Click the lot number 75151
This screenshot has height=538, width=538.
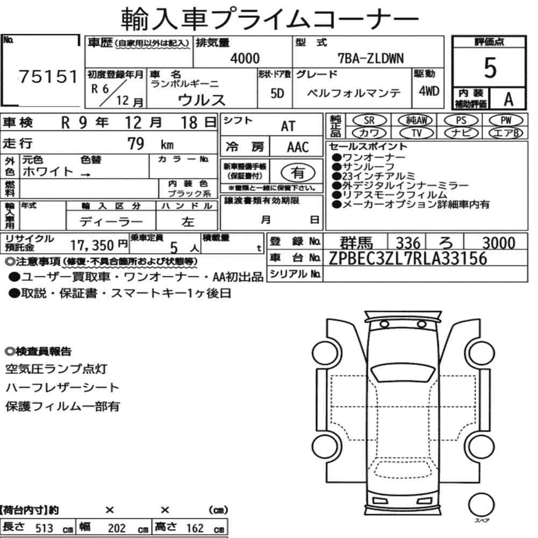tap(48, 76)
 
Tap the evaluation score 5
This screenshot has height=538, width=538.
tap(490, 68)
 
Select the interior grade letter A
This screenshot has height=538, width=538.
tap(508, 100)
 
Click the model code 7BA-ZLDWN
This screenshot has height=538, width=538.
tap(371, 59)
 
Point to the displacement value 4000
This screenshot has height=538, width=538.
tap(245, 58)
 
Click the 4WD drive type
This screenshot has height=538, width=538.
tap(429, 91)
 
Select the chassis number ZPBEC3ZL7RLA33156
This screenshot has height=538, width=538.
tap(408, 258)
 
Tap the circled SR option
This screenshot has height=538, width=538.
tap(369, 121)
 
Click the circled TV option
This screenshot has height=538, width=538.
tap(416, 133)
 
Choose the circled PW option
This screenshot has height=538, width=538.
tap(506, 121)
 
